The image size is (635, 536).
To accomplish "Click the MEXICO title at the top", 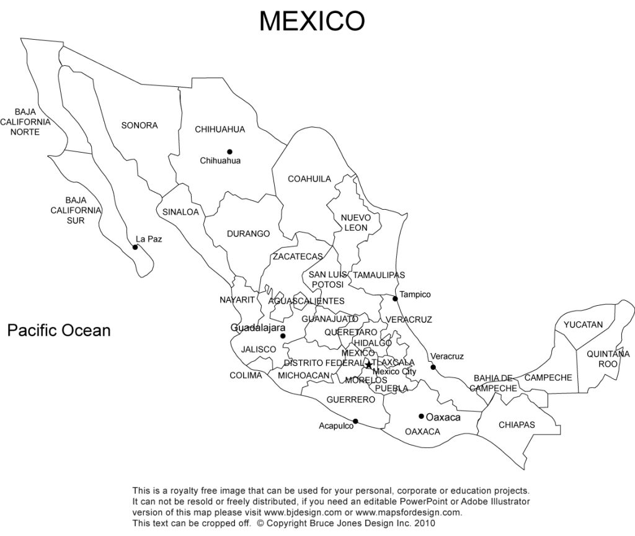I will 312,21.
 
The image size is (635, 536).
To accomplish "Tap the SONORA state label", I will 140,125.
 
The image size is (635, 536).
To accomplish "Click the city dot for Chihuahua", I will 229,151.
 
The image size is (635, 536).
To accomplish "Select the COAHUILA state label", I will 309,179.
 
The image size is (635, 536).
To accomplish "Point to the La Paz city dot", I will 135,247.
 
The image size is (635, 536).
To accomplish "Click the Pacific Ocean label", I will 59,330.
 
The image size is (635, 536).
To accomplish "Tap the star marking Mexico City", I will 369,365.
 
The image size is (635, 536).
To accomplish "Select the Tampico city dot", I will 395,298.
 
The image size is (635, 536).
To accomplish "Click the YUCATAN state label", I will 583,324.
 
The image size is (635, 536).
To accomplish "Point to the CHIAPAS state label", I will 517,425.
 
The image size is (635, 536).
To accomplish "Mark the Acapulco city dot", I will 355,421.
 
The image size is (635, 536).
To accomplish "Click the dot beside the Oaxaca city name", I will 421,416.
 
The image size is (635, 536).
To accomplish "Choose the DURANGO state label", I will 248,234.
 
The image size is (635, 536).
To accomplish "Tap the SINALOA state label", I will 180,212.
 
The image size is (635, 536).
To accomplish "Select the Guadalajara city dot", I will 283,336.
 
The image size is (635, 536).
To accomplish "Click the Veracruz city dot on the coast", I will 433,367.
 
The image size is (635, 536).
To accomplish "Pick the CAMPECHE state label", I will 548,377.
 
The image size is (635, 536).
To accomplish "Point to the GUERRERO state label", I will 350,400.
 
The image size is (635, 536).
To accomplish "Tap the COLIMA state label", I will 246,375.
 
